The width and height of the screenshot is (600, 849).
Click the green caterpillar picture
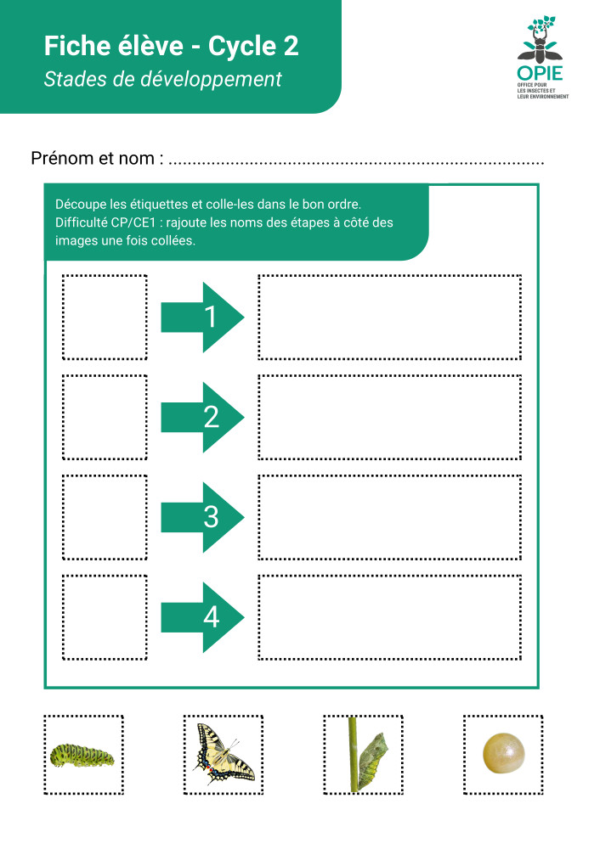coord(82,754)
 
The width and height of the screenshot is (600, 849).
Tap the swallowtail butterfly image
coord(223,754)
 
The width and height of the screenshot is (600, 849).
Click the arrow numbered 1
coord(202,317)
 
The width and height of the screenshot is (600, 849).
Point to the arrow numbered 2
coord(202,417)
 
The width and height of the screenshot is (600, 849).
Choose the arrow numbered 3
coord(202,517)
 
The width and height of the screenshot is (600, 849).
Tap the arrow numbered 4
coord(202,617)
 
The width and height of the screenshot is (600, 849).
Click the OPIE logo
coord(543,56)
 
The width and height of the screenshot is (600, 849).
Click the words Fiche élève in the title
coord(110,47)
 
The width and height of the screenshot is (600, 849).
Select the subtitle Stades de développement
coord(162,80)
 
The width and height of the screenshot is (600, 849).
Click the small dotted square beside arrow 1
coord(105,317)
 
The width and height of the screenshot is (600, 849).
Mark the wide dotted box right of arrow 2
coord(389,417)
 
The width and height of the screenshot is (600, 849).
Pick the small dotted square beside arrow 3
coord(105,517)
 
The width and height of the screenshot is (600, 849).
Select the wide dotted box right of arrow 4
coord(389,617)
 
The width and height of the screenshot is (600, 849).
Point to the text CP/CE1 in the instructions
coord(136,222)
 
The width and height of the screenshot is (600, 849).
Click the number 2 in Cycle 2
coord(291,47)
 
